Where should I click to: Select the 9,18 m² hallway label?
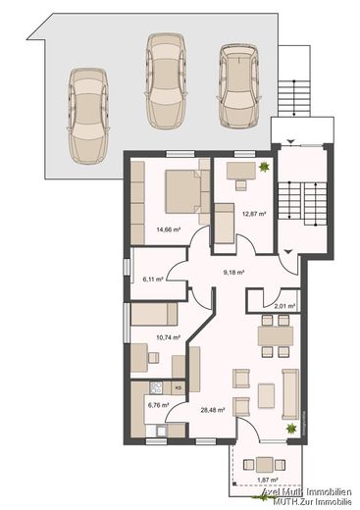(232, 272)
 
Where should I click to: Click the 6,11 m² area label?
(152, 280)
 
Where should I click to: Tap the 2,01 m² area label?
(261, 306)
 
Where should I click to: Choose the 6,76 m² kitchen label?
(157, 403)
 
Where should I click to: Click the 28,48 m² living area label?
(212, 410)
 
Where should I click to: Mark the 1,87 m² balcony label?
(266, 480)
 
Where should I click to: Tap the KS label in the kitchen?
(178, 388)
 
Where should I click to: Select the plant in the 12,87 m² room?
(263, 170)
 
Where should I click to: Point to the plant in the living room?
(289, 430)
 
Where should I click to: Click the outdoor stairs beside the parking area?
(291, 96)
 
